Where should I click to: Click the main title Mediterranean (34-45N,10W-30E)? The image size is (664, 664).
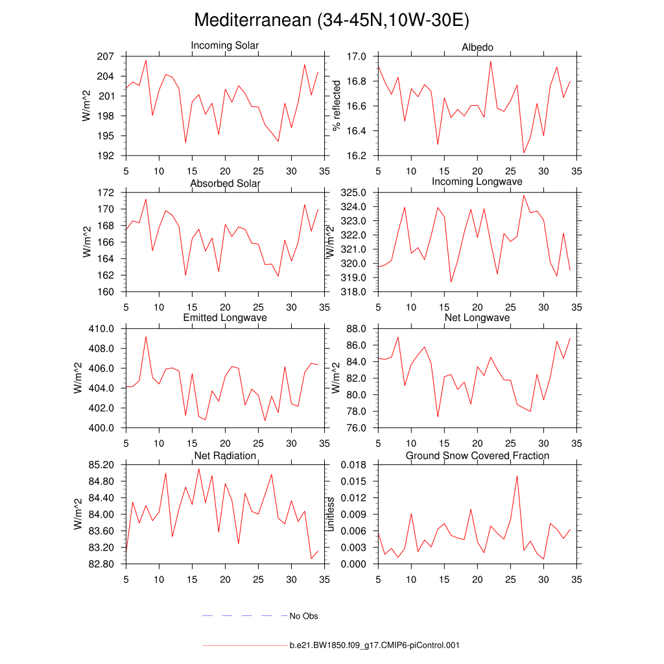(x=331, y=20)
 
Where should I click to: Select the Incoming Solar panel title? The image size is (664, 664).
(x=224, y=45)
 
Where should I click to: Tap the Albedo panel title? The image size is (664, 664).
(x=477, y=47)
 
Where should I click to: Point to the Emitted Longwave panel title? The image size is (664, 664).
(x=224, y=318)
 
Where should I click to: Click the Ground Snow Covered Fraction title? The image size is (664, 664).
(x=477, y=456)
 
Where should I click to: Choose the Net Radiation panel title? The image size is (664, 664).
(x=224, y=456)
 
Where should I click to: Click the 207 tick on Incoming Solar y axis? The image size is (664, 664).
(x=106, y=56)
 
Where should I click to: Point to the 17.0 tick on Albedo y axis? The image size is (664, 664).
(x=356, y=56)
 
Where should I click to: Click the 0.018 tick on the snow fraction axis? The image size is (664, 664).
(x=354, y=465)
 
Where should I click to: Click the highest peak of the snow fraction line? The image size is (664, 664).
(x=517, y=476)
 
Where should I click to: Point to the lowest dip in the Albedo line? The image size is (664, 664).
(x=523, y=153)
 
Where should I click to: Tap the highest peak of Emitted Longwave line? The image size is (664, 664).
(x=145, y=337)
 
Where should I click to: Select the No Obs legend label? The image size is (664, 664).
(x=303, y=616)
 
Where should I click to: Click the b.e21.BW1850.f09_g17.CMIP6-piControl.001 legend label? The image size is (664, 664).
(x=374, y=645)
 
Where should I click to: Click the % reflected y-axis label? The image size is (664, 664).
(x=337, y=106)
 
